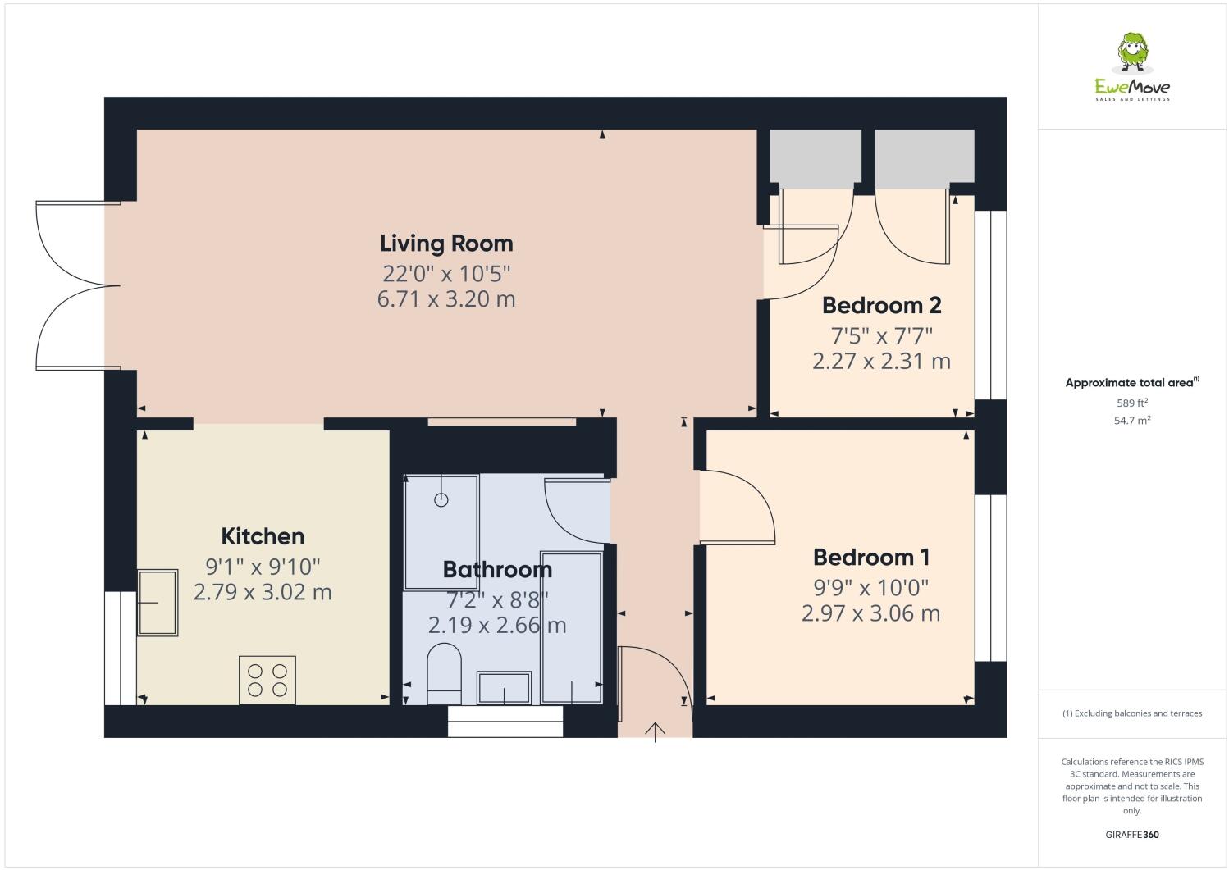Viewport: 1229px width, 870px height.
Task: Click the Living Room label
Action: coord(446,244)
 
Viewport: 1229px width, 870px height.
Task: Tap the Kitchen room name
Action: coord(263,536)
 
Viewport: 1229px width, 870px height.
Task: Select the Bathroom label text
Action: coord(497,569)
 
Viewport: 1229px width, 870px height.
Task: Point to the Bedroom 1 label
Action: coord(870,558)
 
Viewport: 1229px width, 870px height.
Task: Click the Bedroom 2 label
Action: coord(881,306)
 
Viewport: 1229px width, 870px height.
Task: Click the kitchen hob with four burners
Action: coord(267,680)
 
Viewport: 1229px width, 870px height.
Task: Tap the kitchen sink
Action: coord(157,603)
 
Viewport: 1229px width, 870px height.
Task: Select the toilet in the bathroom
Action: coord(445,672)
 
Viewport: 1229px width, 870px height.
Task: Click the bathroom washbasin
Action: coord(504,687)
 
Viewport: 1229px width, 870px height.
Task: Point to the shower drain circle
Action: coord(441,499)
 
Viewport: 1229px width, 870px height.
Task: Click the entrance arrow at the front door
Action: coord(655,731)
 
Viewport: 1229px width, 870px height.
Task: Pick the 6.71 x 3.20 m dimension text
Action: coord(446,299)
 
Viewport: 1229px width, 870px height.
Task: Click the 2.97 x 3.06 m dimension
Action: coord(870,613)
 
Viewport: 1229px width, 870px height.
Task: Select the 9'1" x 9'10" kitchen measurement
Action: coord(263,566)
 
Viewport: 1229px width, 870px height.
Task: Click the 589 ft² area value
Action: coord(1132,403)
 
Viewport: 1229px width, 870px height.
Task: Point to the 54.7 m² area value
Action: coord(1132,421)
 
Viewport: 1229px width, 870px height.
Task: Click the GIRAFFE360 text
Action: coord(1132,835)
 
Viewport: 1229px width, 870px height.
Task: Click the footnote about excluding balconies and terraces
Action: coord(1132,713)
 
